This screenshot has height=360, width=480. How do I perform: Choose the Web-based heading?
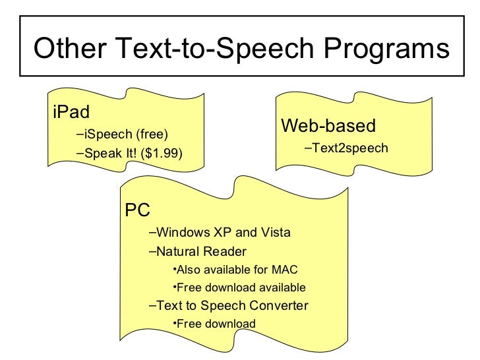pyautogui.click(x=328, y=125)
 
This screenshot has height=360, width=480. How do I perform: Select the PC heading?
pyautogui.click(x=138, y=210)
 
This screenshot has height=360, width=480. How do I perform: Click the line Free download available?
pyautogui.click(x=241, y=287)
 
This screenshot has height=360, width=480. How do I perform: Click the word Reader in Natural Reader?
pyautogui.click(x=225, y=251)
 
